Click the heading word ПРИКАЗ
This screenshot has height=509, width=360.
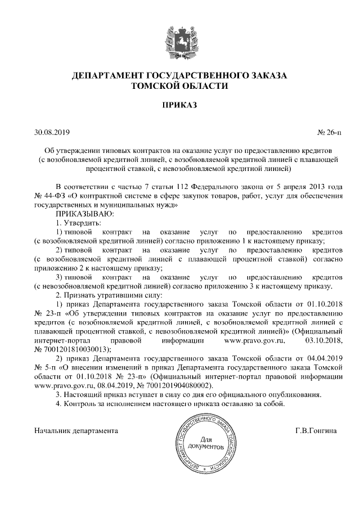[179, 105]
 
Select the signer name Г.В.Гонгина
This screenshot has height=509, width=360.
[316, 431]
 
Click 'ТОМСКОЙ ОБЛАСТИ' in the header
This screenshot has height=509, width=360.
[179, 86]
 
